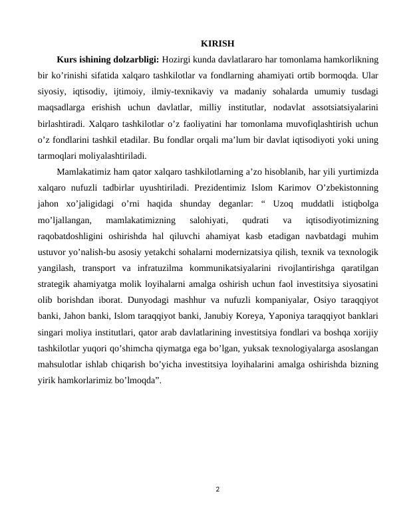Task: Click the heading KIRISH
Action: click(217, 44)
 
